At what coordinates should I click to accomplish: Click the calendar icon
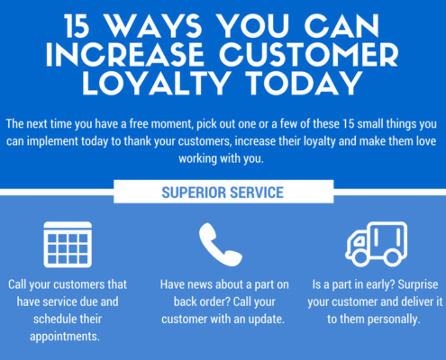68,245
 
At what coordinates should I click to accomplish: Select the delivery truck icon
376,244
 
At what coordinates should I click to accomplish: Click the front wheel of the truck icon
360,257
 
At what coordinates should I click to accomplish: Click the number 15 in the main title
77,26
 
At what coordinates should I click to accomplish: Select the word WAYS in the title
154,26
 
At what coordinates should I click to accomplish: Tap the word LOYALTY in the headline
157,83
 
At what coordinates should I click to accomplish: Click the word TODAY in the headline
305,83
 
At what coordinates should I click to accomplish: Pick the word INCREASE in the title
125,55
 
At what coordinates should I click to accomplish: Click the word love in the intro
425,141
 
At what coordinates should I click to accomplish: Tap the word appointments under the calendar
65,337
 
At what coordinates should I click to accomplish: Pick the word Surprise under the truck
418,284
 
